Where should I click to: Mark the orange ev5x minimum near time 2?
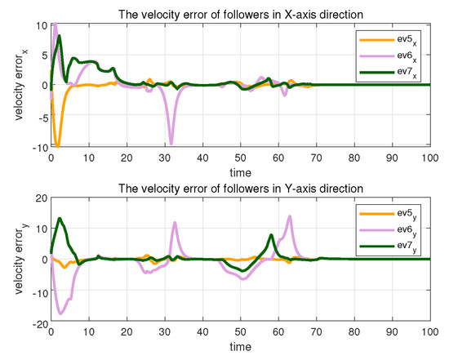tap(57, 146)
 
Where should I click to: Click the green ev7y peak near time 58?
tap(270, 235)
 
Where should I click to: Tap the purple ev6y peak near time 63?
tap(290, 216)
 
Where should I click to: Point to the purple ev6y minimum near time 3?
tap(60, 313)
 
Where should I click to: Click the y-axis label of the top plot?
tap(20, 86)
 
